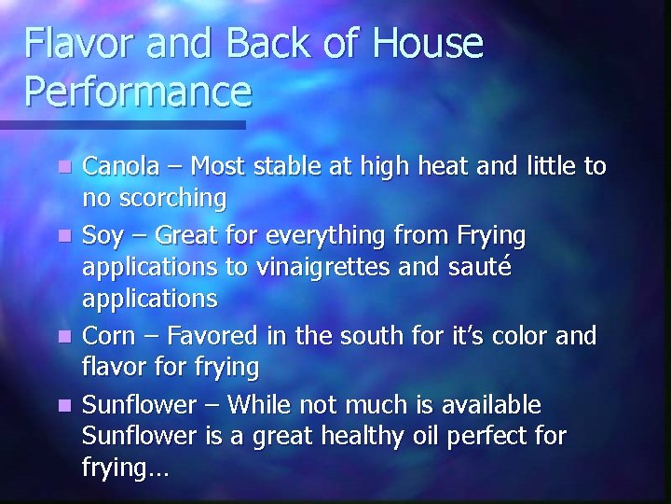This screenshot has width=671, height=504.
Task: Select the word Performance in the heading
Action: click(139, 91)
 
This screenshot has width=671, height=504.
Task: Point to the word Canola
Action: click(120, 166)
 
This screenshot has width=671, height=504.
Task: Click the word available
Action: click(487, 403)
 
